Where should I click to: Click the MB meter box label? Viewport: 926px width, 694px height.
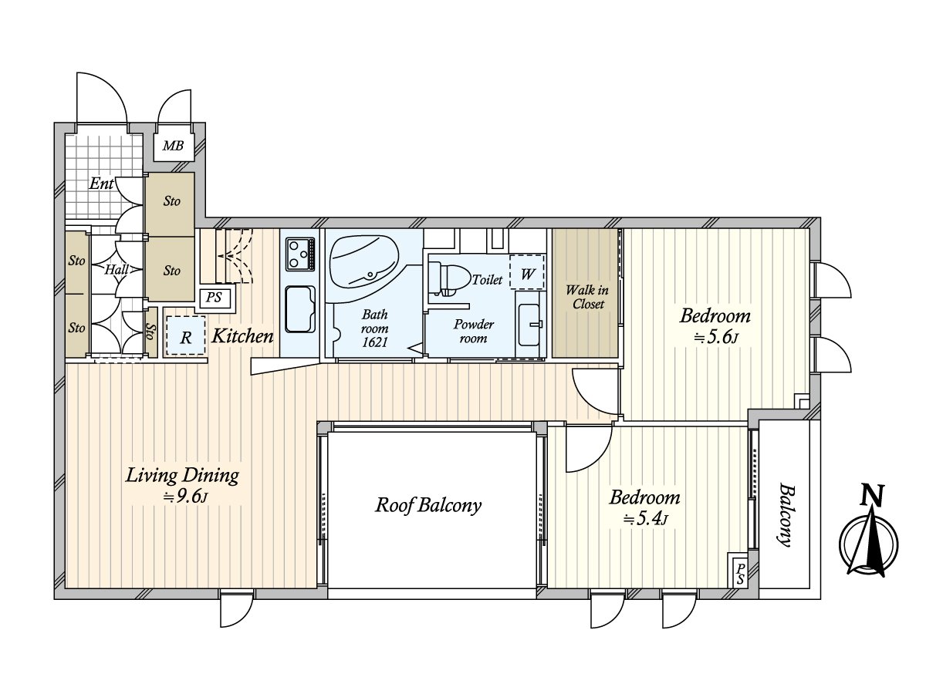pos(174,146)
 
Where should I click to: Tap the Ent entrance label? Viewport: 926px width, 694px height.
pos(101,184)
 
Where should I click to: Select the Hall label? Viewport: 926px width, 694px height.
pos(117,270)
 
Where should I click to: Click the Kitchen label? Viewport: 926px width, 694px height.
pos(242,336)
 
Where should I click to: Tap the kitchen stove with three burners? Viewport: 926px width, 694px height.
pos(300,254)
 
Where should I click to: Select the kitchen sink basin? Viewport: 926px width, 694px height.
pos(300,309)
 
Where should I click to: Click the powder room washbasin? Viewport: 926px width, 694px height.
pos(529,325)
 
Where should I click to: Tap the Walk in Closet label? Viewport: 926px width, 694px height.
pos(587,297)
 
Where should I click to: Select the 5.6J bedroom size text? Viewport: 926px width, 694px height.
pos(715,338)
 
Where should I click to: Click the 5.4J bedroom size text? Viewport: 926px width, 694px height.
pos(645,519)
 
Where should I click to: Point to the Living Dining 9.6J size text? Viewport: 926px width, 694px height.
pos(186,497)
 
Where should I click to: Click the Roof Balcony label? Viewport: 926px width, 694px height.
pos(428,505)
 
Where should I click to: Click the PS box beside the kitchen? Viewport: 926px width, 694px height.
pos(214,298)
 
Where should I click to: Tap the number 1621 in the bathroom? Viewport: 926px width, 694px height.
pos(374,342)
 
